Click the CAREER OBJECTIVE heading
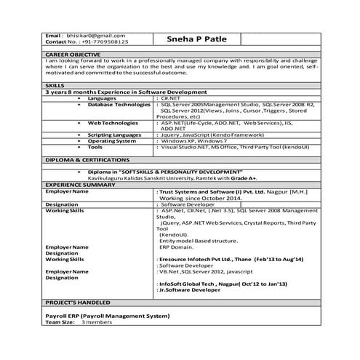[x=73, y=55]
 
